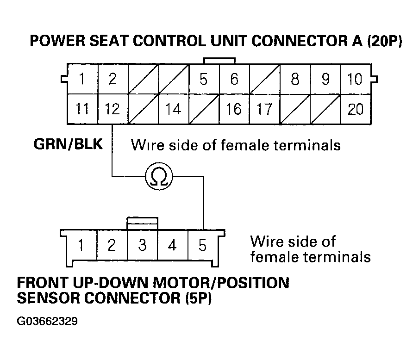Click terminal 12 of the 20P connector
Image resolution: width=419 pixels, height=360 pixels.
coord(113,109)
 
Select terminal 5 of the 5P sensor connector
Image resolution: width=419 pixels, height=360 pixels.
coord(202,245)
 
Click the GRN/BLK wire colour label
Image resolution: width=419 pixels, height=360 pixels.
coord(68,144)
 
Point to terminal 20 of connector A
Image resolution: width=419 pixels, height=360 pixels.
coord(355,109)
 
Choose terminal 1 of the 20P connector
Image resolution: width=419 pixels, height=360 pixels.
coord(82,79)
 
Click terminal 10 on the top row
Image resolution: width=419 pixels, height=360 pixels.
coord(355,79)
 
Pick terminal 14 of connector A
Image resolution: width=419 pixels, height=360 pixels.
coord(173,109)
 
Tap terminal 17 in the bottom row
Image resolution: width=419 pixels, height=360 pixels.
coord(264,109)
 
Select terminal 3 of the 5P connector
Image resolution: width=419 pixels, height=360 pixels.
coord(142,245)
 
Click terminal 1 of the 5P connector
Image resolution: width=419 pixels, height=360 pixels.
coord(81,245)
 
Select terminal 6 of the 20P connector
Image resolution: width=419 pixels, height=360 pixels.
coord(234,79)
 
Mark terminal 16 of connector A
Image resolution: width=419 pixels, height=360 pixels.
coord(234,109)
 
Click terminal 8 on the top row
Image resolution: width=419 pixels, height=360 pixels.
coord(295,79)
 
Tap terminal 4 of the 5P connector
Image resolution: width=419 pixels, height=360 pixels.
coord(172,245)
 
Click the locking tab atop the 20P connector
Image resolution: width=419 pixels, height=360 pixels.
coord(219,61)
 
